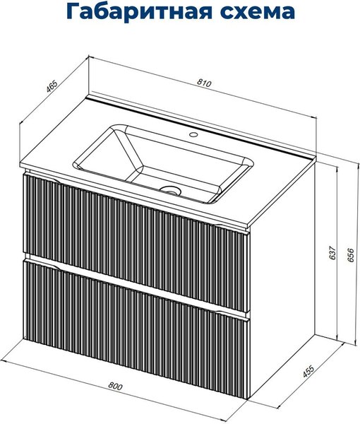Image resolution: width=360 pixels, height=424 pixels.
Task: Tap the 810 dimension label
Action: (204, 83)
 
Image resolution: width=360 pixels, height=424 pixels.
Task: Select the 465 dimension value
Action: (52, 86)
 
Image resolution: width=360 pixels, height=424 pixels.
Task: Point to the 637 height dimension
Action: (332, 252)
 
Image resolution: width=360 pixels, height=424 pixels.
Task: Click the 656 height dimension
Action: (350, 254)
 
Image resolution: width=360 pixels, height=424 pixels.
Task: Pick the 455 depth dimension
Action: (308, 371)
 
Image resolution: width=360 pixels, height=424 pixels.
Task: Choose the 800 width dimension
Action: (115, 386)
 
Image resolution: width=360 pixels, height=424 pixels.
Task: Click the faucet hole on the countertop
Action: (193, 134)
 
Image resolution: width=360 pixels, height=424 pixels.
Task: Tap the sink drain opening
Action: (170, 190)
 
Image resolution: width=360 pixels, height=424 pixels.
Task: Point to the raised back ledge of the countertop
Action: (200, 125)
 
